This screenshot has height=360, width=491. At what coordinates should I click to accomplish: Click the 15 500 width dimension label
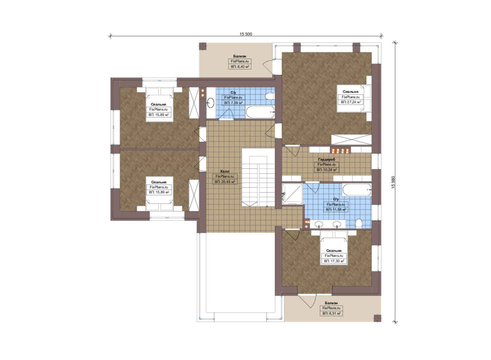pos(246,34)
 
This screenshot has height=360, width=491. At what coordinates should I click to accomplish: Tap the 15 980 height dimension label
pos(393,182)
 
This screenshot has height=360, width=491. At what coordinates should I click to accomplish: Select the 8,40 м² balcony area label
pos(240,66)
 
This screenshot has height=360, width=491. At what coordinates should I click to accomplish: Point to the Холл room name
pos(225,171)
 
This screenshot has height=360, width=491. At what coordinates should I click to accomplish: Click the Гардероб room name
pos(326,159)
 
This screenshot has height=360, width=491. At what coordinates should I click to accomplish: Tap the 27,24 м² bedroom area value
pos(351,102)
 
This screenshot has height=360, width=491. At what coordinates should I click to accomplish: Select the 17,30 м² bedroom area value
pos(334,261)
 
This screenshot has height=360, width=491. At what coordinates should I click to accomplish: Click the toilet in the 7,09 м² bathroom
pos(269,96)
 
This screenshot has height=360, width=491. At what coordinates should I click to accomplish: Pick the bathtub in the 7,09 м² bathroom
pos(260,112)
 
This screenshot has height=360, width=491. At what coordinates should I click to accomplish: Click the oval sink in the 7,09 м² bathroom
pos(211,102)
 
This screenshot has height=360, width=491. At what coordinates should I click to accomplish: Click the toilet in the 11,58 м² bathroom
pos(359,223)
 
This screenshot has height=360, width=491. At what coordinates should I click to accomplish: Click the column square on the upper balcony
pos(203,47)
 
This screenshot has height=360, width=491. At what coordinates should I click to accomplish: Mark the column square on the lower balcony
pos(377,318)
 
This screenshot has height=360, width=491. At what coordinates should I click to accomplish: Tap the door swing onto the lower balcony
pos(307,301)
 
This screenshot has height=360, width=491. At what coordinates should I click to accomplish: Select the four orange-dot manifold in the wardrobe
pos(340,150)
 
